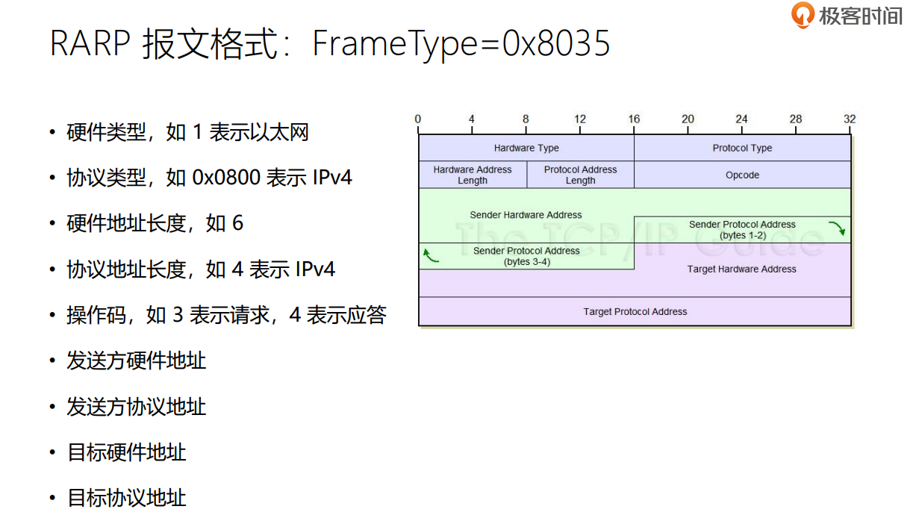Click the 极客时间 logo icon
(803, 15)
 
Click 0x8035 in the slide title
(556, 44)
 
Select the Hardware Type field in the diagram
(526, 148)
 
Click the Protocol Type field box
(742, 148)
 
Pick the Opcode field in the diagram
(742, 175)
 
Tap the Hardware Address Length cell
(473, 175)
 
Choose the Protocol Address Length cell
(580, 175)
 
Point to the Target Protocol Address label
(635, 311)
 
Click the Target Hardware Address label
(742, 269)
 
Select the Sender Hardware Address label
(526, 215)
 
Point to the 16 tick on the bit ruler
(634, 119)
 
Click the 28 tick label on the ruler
(796, 119)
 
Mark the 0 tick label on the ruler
(418, 119)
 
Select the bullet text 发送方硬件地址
(136, 361)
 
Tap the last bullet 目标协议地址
(126, 498)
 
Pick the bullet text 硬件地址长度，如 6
(155, 223)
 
